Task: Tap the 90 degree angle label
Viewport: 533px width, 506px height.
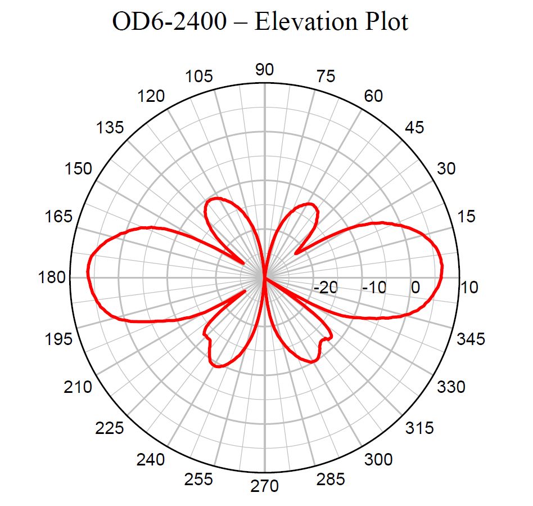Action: (264, 70)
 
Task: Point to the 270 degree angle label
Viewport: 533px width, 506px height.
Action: (264, 485)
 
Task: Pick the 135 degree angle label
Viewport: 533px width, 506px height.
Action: (110, 128)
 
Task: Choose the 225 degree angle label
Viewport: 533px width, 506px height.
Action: (110, 428)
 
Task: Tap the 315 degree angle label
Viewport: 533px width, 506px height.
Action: (419, 428)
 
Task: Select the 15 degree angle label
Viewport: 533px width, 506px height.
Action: (463, 216)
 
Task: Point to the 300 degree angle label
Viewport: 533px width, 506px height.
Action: (378, 460)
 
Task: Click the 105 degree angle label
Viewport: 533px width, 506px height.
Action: (199, 77)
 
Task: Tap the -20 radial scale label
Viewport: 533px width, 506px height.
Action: (325, 288)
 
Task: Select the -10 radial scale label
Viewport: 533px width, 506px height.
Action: (374, 288)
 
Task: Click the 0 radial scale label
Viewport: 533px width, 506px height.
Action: (415, 288)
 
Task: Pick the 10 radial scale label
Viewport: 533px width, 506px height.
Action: (469, 288)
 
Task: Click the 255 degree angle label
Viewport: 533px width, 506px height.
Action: (199, 479)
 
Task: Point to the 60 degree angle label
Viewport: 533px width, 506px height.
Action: (373, 96)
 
